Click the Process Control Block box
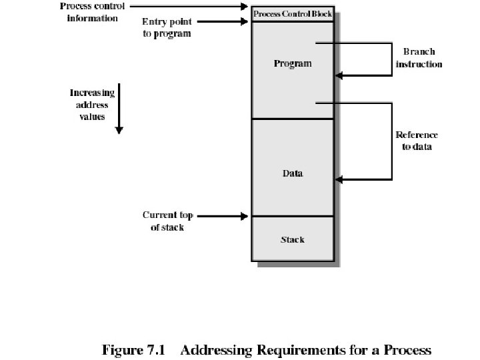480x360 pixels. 293,14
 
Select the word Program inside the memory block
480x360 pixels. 293,64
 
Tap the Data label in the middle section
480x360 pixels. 293,173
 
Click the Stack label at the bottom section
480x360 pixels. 293,239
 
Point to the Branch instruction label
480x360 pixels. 419,58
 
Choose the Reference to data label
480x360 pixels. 417,141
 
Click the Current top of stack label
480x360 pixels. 168,221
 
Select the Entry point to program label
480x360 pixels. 167,27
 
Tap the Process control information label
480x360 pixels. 92,12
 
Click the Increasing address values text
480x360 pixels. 92,105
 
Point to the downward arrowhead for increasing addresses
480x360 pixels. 119,131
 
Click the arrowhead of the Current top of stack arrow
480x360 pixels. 244,217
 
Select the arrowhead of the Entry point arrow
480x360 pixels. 244,22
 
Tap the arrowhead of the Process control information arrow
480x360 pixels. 244,6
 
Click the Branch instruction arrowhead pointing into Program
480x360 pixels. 339,75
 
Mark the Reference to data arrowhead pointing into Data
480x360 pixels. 339,180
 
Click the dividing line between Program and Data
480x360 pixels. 293,119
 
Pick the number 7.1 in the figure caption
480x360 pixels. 156,350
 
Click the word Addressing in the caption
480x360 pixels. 216,351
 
